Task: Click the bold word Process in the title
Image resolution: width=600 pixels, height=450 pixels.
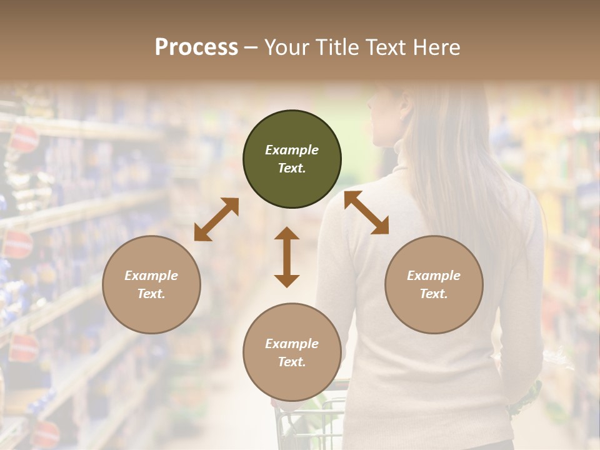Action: coord(196,47)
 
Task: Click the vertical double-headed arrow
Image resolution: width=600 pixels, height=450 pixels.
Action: coord(287,257)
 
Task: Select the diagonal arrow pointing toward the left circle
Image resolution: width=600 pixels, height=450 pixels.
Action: coord(216,219)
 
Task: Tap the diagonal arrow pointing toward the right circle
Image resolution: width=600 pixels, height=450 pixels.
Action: coord(366,212)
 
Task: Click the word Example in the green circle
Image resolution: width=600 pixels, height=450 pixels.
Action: coord(292,150)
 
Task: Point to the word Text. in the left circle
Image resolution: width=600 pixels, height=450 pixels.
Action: coord(151,294)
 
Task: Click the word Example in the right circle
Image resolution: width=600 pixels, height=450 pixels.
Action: coord(434,276)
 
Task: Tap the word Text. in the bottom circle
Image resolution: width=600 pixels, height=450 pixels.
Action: coord(292,362)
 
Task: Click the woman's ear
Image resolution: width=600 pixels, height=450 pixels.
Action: coord(406,112)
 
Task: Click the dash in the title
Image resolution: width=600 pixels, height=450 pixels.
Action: coord(251,47)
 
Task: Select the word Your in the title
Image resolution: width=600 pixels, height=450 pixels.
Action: coord(288,47)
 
